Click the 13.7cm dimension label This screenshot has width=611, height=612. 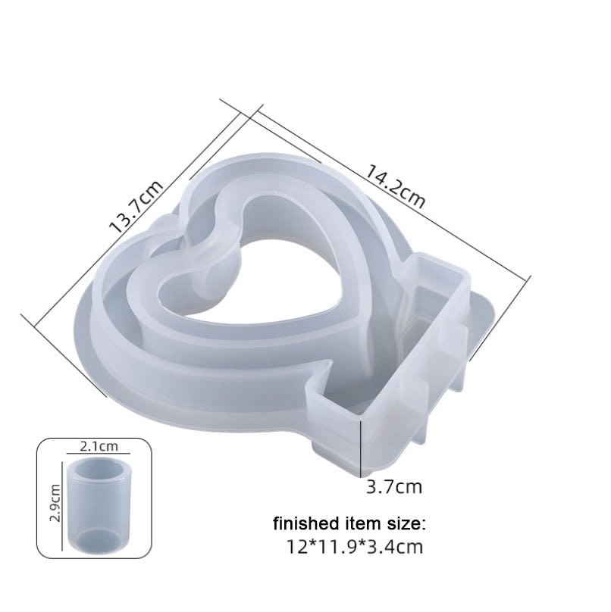(x=136, y=206)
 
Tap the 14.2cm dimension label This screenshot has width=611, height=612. (x=395, y=186)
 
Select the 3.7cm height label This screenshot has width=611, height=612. (x=393, y=486)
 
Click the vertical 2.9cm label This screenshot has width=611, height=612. (x=54, y=504)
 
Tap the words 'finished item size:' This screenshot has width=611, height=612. (x=350, y=523)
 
